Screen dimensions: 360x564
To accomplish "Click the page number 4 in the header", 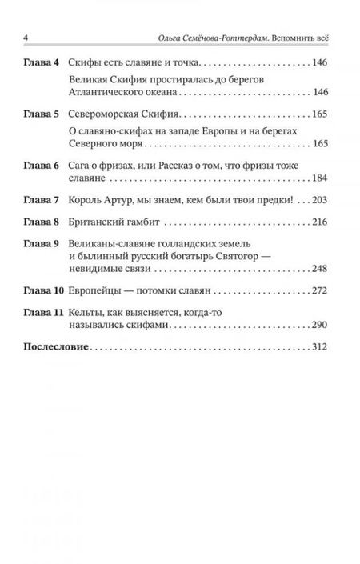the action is pos(27,39).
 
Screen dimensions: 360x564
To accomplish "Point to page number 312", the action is pos(324,373).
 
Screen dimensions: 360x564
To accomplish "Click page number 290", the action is pos(324,349).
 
